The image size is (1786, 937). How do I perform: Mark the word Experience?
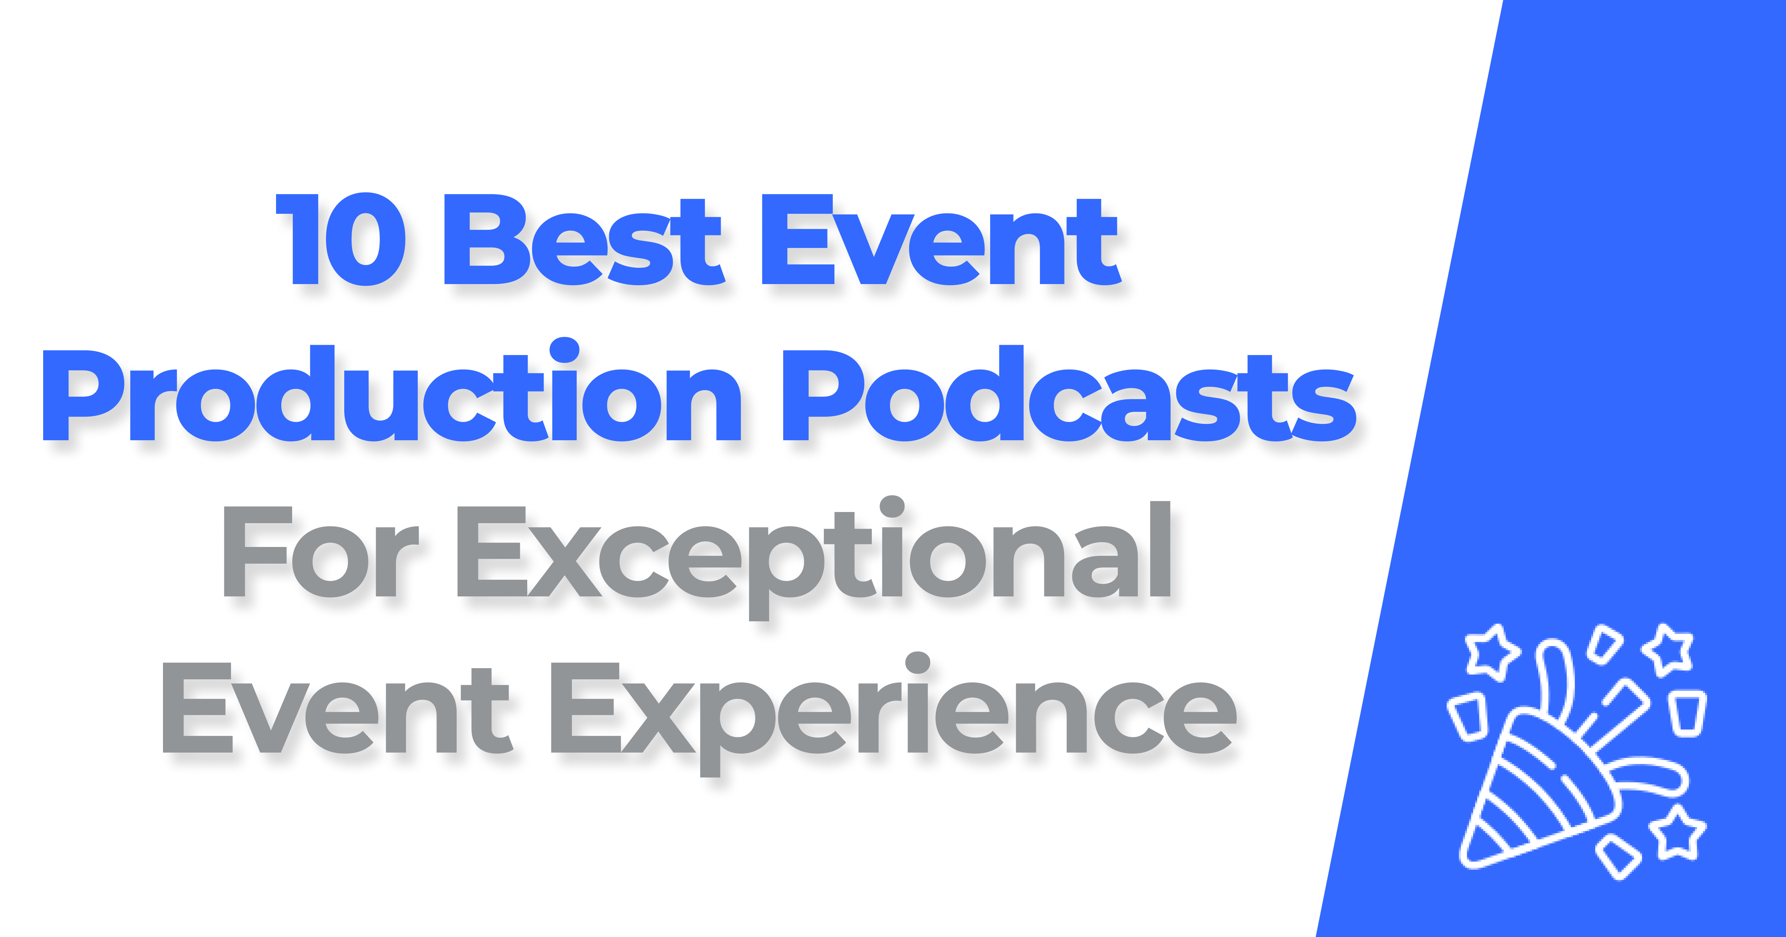pyautogui.click(x=894, y=714)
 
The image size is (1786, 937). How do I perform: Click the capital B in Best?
pyautogui.click(x=485, y=239)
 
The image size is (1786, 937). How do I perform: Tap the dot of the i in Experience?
pyautogui.click(x=917, y=663)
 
